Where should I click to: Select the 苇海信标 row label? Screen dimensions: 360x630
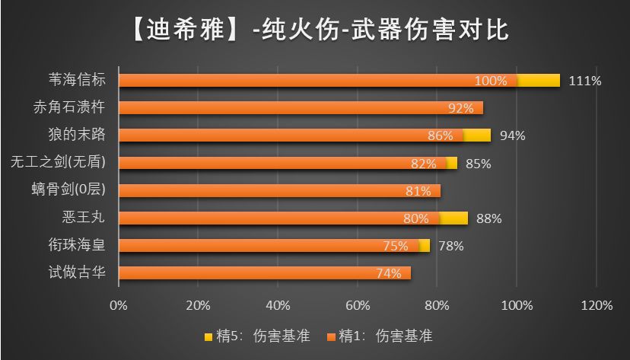(77, 80)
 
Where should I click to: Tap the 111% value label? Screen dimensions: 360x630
(584, 81)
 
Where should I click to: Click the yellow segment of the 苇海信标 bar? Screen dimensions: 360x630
(539, 81)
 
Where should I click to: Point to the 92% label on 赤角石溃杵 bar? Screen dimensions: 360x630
(460, 108)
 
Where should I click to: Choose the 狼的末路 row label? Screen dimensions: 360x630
(77, 135)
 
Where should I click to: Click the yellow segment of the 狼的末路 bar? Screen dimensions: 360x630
(477, 135)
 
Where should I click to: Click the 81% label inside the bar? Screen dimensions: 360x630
(418, 191)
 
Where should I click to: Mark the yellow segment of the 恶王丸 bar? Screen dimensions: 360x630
(453, 218)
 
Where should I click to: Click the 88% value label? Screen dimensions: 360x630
(488, 218)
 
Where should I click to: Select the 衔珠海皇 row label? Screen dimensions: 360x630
(77, 244)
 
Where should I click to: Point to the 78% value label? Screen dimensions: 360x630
(450, 246)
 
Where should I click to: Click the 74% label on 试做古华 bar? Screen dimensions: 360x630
(388, 273)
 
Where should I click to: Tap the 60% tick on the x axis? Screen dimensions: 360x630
(358, 305)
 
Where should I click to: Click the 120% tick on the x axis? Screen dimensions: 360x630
(597, 305)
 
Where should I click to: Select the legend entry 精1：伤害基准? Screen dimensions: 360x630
(380, 335)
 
